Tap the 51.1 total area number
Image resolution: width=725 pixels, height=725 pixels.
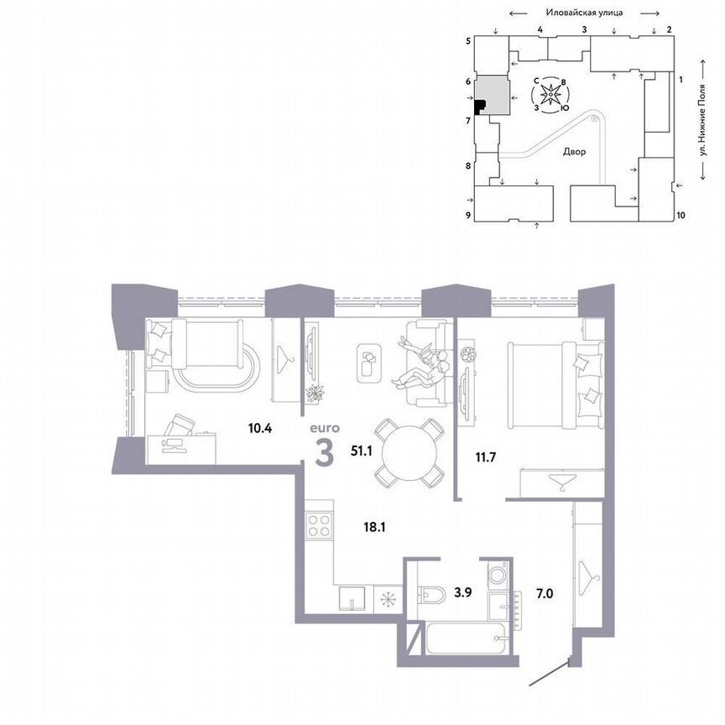(x=362, y=451)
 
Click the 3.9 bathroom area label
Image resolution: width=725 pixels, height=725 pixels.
(x=463, y=592)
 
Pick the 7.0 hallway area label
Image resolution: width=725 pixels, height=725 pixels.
(x=544, y=592)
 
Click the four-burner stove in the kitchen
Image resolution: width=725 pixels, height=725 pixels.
(x=320, y=526)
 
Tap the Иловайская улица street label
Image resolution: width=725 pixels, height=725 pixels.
(x=582, y=13)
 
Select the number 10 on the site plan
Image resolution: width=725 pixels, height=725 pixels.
(x=681, y=216)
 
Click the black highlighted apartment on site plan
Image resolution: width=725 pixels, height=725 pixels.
(x=480, y=106)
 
